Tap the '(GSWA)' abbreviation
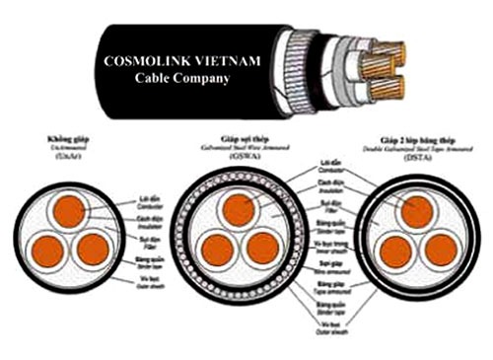[241, 156]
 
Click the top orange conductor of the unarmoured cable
[69, 210]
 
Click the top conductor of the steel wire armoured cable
[238, 210]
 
